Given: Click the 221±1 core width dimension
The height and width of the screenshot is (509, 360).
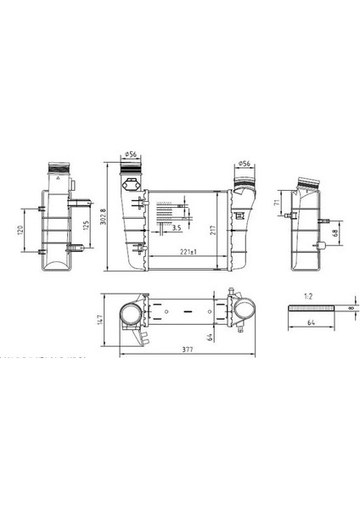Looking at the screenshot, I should pos(188,253).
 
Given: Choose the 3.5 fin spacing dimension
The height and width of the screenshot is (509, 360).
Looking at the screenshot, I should pos(176,228).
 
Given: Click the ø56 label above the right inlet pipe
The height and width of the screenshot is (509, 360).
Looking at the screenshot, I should pos(243,163).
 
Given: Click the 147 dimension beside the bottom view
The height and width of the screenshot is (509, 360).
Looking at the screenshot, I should pos(101,319).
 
